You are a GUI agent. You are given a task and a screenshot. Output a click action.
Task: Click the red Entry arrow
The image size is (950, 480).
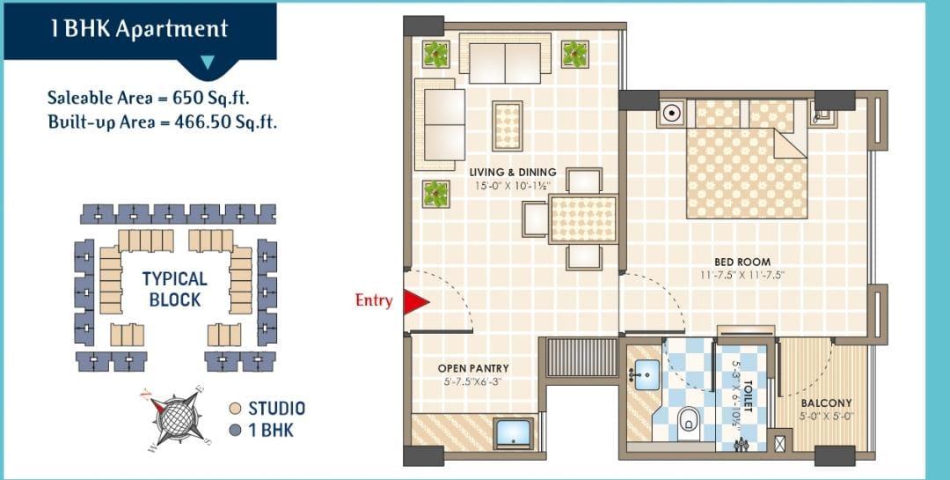tap(415, 302)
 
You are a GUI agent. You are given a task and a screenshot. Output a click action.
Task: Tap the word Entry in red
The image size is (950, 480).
tap(374, 300)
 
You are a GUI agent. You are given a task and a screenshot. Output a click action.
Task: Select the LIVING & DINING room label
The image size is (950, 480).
tap(513, 173)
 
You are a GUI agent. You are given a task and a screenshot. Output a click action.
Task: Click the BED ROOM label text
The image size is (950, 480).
tap(742, 262)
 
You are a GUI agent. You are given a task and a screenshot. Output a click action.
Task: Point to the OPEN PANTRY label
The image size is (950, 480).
tap(473, 368)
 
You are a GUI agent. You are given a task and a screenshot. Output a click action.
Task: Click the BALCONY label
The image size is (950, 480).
tap(826, 402)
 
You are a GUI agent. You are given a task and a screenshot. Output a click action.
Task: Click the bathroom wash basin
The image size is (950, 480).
tap(646, 373)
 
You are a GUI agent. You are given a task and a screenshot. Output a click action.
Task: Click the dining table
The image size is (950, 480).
tap(583, 218)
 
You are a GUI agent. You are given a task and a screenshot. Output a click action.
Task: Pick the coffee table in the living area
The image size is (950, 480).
tap(508, 126)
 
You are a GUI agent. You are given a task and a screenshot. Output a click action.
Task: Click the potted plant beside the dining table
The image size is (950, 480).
tap(435, 194)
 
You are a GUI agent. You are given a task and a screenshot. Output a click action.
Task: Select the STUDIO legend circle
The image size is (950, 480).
tap(237, 409)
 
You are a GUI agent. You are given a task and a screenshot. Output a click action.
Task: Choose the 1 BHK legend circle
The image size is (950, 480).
tap(237, 431)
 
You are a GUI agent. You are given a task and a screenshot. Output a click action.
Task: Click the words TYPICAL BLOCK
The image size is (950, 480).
tap(175, 290)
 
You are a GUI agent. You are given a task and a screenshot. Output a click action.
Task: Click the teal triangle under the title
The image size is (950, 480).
tap(208, 62)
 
